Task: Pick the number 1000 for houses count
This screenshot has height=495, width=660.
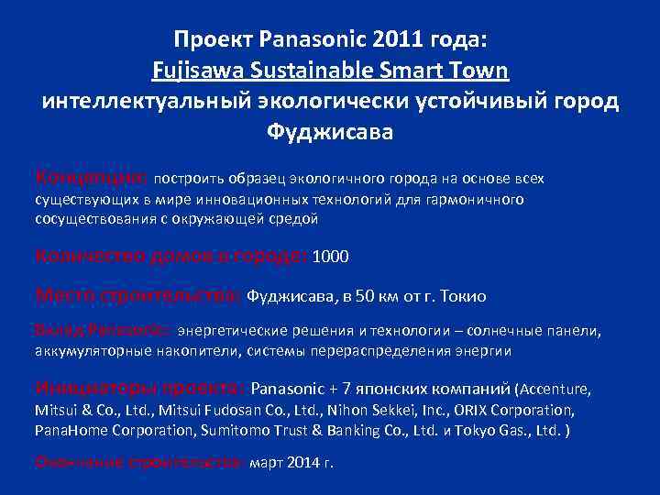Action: pyautogui.click(x=331, y=258)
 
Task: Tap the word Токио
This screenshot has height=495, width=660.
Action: pyautogui.click(x=464, y=297)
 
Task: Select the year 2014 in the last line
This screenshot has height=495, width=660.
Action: pyautogui.click(x=302, y=462)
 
